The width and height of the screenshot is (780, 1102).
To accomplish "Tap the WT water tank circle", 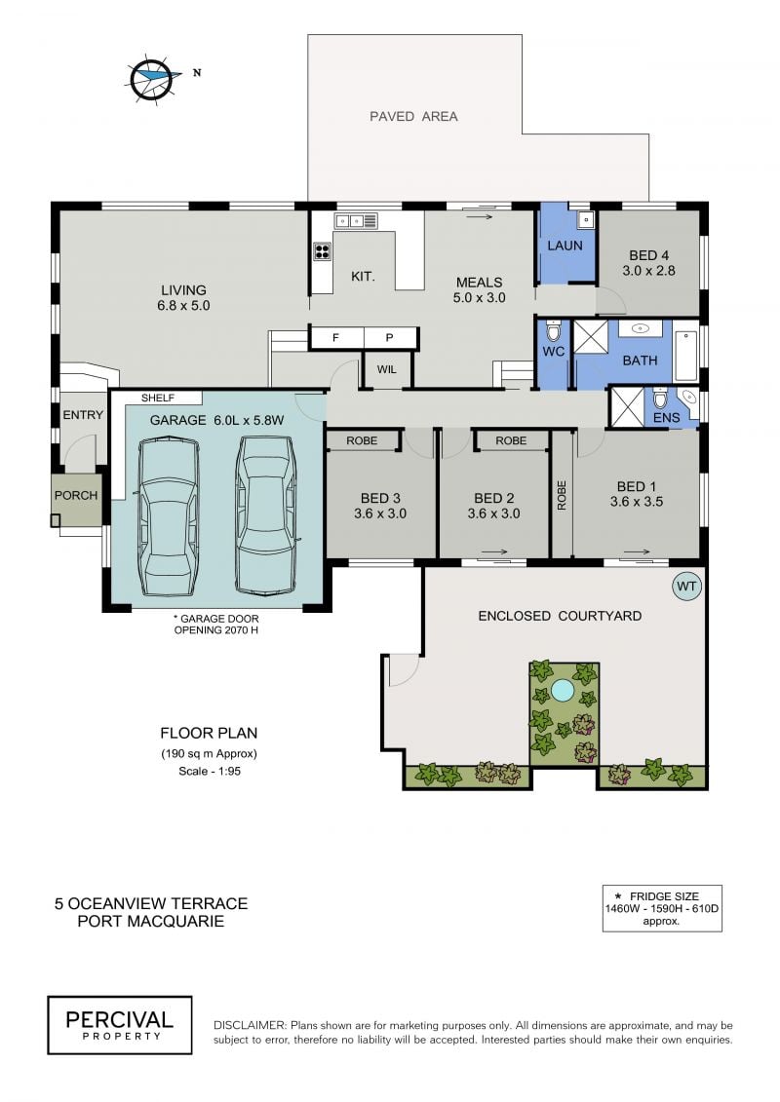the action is (x=686, y=587).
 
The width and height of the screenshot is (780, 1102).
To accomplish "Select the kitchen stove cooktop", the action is (x=322, y=251).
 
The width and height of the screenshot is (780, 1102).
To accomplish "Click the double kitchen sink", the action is (x=356, y=220).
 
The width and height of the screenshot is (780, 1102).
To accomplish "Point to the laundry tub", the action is (x=586, y=220).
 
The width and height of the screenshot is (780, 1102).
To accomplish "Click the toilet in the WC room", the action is (x=554, y=331).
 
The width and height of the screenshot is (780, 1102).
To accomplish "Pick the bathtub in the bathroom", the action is (x=686, y=355).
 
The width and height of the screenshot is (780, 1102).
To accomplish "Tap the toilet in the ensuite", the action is (x=660, y=399).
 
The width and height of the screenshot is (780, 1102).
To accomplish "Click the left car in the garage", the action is (x=170, y=516).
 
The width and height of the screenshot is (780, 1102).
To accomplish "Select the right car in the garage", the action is (x=265, y=515).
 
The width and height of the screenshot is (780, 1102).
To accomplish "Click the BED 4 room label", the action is (x=648, y=263).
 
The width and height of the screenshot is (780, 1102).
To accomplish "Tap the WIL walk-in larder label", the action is (x=386, y=369).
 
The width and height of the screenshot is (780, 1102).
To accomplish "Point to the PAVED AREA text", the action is (x=413, y=117).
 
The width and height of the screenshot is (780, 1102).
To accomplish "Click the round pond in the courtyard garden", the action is (x=562, y=691).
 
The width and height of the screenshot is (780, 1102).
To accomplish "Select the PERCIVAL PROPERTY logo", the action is (x=120, y=1025).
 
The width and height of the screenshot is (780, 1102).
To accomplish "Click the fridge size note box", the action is (x=662, y=908).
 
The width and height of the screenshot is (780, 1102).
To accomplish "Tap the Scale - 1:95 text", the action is (x=210, y=771).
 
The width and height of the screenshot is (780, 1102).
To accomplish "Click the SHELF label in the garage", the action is (x=158, y=398).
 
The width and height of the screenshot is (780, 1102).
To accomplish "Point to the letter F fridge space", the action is (x=335, y=338).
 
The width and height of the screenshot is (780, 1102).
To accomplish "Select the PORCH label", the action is (x=76, y=495).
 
